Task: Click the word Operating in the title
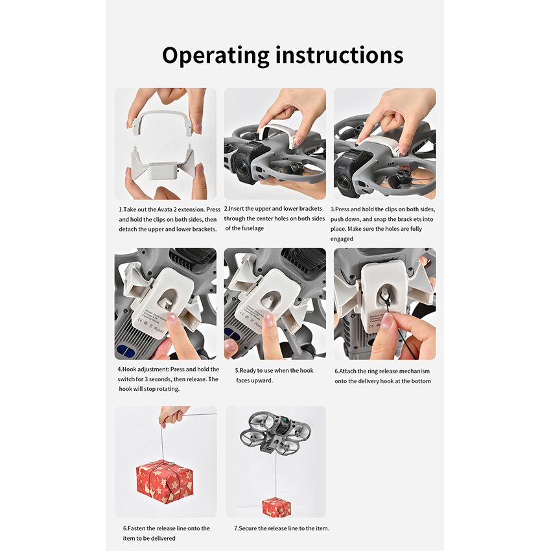click(x=215, y=56)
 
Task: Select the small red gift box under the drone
click(x=276, y=507)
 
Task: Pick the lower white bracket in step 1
click(x=163, y=165)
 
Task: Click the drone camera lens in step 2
click(x=242, y=169)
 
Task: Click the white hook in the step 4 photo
click(x=165, y=302)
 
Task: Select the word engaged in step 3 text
click(x=342, y=239)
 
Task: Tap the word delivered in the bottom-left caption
click(x=162, y=538)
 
